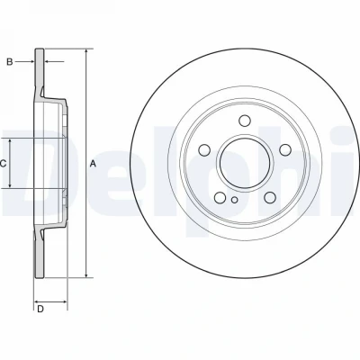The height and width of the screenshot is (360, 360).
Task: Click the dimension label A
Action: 93,164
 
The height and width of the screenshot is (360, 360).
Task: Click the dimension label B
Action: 10,62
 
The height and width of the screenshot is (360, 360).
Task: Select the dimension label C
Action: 3,164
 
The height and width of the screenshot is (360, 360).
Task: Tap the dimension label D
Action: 40,309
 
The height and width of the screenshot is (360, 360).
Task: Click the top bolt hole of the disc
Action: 245,121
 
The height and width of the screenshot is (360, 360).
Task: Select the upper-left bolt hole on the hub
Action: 205,149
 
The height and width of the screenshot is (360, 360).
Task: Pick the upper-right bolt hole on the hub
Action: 285,149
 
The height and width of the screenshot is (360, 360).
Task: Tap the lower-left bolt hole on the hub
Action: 220,197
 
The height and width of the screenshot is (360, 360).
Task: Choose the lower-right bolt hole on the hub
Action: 270,197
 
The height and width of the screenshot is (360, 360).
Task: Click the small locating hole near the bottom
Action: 235,200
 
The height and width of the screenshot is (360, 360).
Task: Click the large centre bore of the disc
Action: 245,163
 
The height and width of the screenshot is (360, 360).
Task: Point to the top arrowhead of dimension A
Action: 86,51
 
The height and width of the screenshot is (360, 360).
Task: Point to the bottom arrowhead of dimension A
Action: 86,274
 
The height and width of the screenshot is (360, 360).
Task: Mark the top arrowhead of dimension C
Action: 10,141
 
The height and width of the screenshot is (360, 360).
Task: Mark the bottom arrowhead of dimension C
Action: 10,185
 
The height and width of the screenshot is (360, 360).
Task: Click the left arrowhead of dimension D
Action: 37,301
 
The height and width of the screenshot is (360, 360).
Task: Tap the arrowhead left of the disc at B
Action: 31,62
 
